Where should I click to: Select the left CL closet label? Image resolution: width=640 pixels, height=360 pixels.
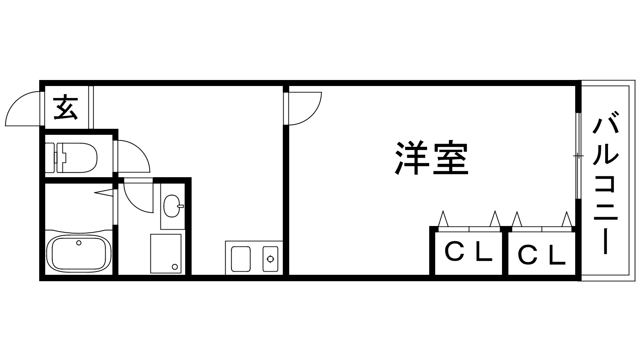[468, 253]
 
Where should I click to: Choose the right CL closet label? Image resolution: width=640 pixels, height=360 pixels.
[542, 255]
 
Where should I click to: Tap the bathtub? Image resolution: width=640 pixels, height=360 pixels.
[78, 254]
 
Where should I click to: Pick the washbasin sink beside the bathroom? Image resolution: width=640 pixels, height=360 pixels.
[173, 206]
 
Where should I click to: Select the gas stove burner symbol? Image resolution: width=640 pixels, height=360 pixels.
[270, 259]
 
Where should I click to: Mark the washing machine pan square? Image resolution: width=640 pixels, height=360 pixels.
[165, 254]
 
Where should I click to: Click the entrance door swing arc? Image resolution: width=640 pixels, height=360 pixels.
[22, 108]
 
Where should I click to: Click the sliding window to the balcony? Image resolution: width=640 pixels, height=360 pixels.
[578, 156]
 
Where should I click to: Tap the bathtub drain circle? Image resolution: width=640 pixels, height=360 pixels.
[79, 242]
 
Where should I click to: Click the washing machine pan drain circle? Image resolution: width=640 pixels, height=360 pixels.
[174, 266]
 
